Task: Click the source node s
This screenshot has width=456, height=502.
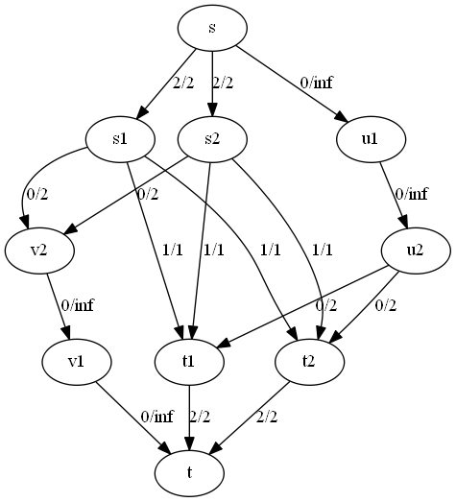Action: [x=212, y=28]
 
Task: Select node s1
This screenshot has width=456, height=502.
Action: [x=120, y=139]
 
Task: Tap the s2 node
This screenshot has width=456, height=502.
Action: [x=212, y=139]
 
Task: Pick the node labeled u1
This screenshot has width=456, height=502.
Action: [x=372, y=139]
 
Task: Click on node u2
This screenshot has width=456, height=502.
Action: [x=416, y=251]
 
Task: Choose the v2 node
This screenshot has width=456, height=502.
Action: [x=39, y=251]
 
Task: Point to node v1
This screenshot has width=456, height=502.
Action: [x=77, y=362]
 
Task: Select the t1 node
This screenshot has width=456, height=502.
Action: [x=189, y=362]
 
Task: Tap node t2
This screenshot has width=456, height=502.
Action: [x=310, y=362]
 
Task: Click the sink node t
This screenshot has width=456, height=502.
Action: [x=189, y=473]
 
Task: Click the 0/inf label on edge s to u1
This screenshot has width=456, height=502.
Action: [x=316, y=83]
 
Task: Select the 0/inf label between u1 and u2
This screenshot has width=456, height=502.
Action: [x=411, y=194]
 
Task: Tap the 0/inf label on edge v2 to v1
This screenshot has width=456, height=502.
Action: [x=77, y=305]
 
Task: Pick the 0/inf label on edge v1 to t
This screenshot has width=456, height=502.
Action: [x=156, y=417]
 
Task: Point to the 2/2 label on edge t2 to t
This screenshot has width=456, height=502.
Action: [x=267, y=417]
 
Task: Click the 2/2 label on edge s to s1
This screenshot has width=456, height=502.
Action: [x=183, y=83]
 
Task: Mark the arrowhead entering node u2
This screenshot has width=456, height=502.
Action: [x=404, y=222]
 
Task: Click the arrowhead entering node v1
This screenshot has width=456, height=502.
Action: [x=67, y=333]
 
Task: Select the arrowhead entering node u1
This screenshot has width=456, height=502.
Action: [x=342, y=116]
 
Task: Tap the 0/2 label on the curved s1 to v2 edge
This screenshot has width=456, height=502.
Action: [x=37, y=194]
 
